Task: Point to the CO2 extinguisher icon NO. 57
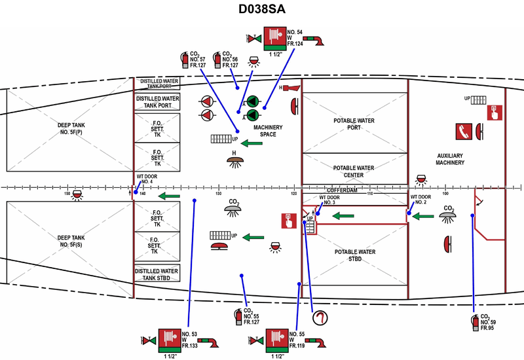click(185, 60)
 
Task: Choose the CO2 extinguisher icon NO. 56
click(217, 60)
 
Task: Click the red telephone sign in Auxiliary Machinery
click(465, 130)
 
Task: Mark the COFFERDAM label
click(342, 190)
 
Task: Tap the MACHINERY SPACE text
click(268, 131)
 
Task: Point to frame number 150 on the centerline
click(67, 194)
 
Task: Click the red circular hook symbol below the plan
click(320, 319)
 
